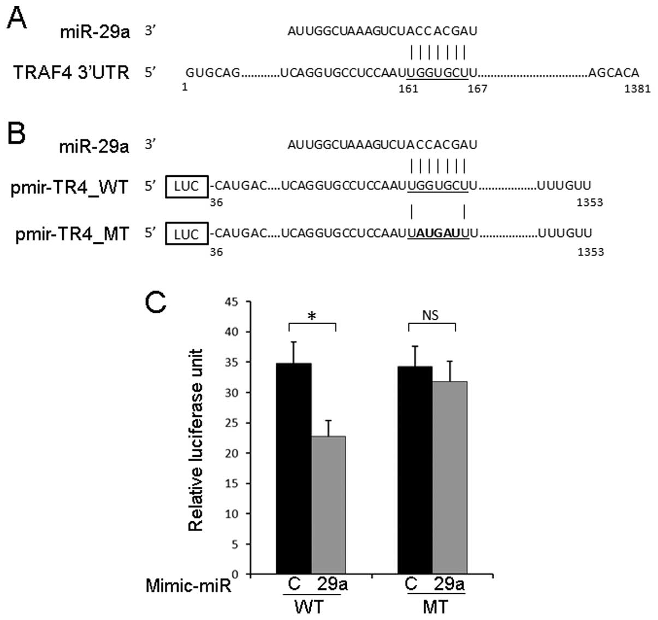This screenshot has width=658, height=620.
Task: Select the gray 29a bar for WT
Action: [328, 505]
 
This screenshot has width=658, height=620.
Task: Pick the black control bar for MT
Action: [415, 470]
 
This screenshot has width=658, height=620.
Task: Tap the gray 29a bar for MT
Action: [449, 478]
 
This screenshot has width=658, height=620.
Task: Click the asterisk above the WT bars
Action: [312, 317]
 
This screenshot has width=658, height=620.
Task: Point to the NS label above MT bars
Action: [430, 315]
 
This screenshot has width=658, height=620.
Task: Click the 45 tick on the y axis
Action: [232, 301]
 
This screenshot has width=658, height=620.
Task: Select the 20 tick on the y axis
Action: [232, 453]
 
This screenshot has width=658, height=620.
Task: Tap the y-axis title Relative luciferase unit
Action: [195, 440]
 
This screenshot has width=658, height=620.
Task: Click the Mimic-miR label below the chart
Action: [188, 586]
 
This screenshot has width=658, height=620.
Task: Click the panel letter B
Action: [17, 133]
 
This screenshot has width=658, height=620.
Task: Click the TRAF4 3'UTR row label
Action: [71, 72]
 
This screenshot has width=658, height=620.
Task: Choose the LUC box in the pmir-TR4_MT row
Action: [186, 234]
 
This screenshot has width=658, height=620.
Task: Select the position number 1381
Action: [637, 89]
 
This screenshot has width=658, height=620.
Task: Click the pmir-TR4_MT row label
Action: [72, 234]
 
